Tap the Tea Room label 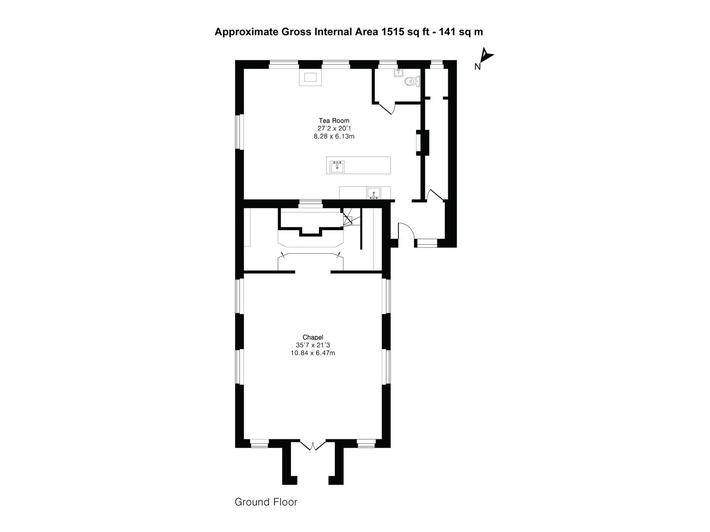point(334,121)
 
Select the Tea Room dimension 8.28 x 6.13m point(334,136)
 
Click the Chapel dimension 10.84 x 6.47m point(313,353)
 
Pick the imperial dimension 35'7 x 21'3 point(313,345)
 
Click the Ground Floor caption point(266,502)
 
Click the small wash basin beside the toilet point(398,73)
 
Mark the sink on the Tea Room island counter point(337,166)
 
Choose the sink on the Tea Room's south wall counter point(373,193)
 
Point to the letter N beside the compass point(477,67)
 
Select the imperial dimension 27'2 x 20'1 point(334,129)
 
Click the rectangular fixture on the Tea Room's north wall point(310,77)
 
